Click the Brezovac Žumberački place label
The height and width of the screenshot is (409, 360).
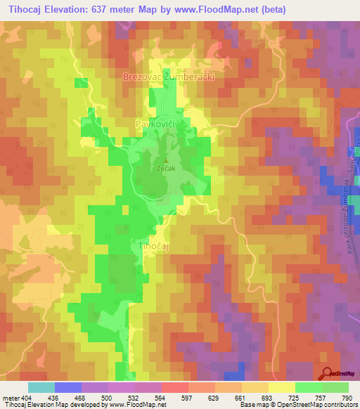click(168, 77)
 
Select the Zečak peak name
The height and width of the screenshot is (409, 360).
click(165, 169)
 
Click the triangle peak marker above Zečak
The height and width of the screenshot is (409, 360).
click(165, 160)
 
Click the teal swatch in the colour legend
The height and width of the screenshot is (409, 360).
click(41, 387)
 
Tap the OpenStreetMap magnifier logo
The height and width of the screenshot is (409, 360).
click(328, 374)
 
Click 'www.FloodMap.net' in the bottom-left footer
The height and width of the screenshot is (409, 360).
click(136, 405)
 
